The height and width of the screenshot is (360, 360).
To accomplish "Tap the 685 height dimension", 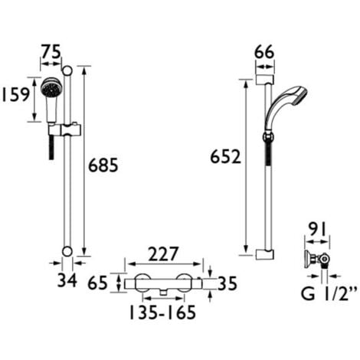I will [103, 165].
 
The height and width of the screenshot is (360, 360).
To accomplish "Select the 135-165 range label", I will [163, 313].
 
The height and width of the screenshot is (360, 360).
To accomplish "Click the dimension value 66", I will [265, 52].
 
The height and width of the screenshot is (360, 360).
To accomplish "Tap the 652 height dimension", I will [226, 157].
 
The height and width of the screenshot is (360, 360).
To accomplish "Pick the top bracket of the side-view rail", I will [265, 77].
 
